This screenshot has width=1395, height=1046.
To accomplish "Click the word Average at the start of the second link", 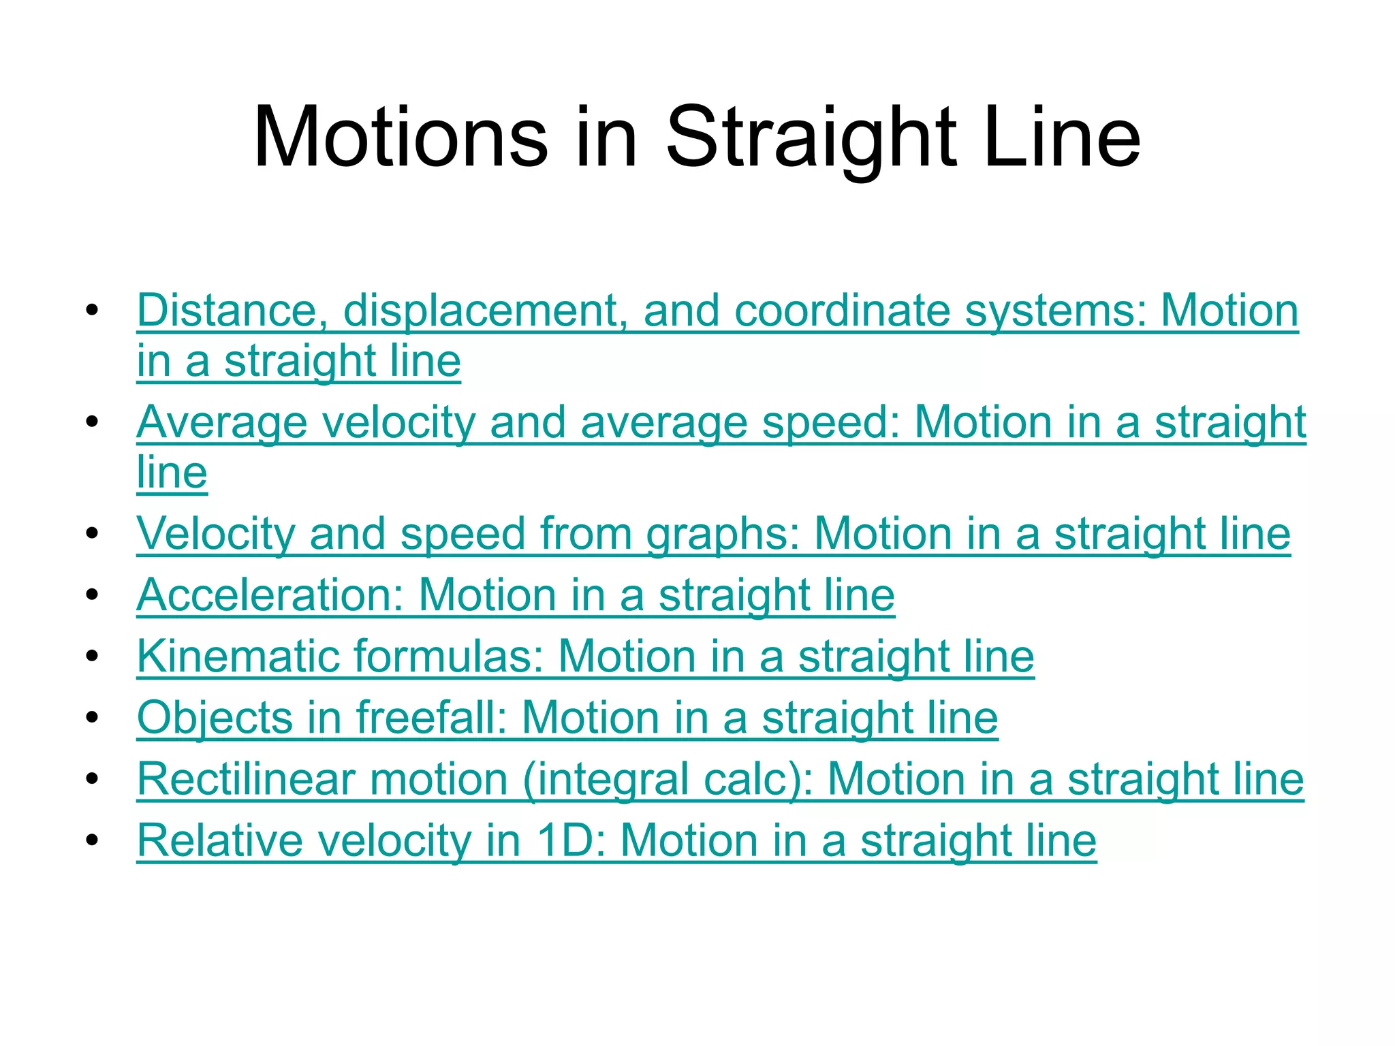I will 222,422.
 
